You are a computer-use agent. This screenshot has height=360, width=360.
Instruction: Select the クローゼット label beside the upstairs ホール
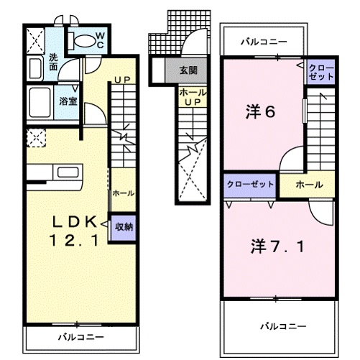(x=249, y=185)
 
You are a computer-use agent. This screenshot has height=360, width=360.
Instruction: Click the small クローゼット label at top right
(x=320, y=71)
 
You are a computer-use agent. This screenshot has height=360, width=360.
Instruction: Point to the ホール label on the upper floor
(x=309, y=185)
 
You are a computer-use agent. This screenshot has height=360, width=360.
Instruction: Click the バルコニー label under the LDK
(x=81, y=336)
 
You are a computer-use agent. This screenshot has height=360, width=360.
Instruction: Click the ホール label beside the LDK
(x=122, y=193)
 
